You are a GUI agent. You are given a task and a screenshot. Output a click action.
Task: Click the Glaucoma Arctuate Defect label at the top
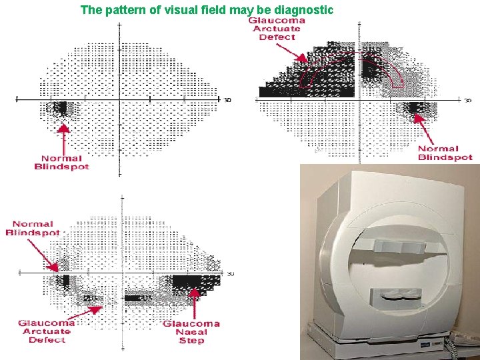coord(277,29)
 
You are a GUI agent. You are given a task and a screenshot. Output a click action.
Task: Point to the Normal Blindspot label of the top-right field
coord(445,153)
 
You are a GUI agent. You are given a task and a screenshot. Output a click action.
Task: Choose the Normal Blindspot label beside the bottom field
coord(33,228)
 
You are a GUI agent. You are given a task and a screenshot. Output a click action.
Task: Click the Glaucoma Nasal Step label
coord(191,332)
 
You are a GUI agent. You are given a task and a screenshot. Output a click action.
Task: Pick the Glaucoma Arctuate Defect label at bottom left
coord(47,331)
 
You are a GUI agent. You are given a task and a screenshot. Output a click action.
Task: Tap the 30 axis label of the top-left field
coord(227,101)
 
